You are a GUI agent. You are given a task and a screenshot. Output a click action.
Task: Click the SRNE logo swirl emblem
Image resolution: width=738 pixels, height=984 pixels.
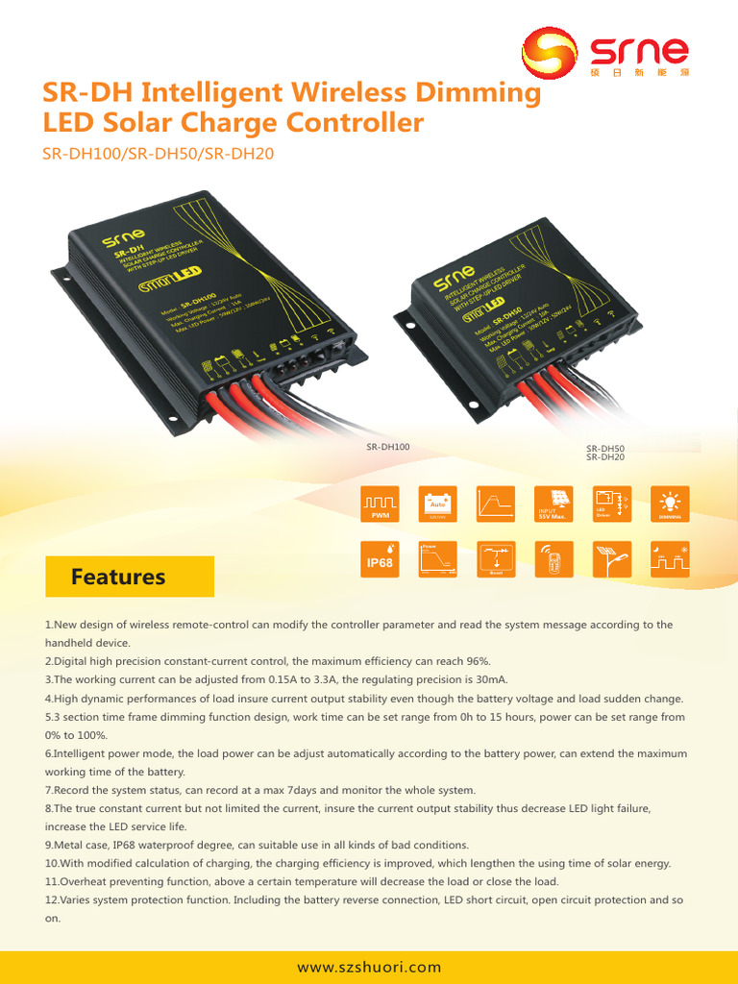(550, 55)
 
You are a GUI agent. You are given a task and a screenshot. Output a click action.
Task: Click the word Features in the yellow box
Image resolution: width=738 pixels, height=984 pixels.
(118, 577)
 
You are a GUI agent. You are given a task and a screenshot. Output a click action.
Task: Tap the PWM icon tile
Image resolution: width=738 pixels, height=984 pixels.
(380, 504)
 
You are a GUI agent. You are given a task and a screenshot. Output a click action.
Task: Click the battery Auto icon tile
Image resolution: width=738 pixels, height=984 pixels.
(437, 504)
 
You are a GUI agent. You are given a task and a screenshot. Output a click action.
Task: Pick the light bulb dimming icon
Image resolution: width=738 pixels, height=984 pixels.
(671, 504)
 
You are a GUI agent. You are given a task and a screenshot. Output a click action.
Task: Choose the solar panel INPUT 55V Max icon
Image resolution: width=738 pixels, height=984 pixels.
(553, 504)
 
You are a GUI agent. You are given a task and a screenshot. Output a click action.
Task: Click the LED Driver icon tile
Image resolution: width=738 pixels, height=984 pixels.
(612, 504)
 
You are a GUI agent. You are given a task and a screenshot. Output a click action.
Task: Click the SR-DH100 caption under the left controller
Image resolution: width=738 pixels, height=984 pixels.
(388, 447)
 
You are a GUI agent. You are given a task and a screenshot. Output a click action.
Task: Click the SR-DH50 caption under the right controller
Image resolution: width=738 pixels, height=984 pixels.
(605, 449)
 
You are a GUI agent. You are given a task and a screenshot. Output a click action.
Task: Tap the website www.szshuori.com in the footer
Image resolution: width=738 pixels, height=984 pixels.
(369, 967)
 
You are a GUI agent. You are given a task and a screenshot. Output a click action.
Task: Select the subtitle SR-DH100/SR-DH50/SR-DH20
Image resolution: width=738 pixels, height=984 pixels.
(159, 153)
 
